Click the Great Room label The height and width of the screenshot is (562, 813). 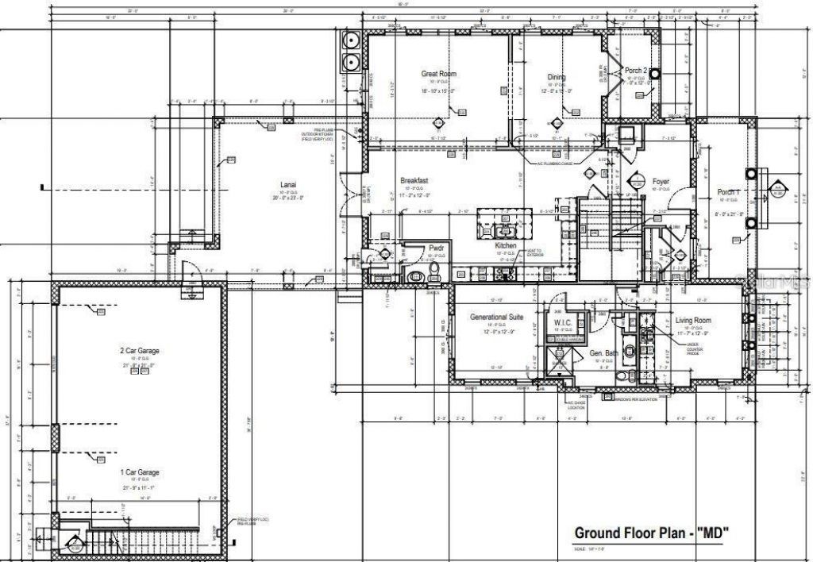(438, 74)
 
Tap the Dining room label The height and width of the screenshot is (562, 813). (556, 77)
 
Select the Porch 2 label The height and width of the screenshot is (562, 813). (637, 71)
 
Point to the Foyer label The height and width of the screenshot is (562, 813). (660, 182)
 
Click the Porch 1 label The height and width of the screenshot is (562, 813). (728, 192)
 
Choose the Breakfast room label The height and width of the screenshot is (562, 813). (414, 180)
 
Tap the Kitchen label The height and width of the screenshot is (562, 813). (507, 246)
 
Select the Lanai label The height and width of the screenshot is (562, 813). (287, 185)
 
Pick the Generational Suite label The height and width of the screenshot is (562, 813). (497, 317)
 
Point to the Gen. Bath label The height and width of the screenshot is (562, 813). (603, 352)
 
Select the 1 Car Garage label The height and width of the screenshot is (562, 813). (139, 472)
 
